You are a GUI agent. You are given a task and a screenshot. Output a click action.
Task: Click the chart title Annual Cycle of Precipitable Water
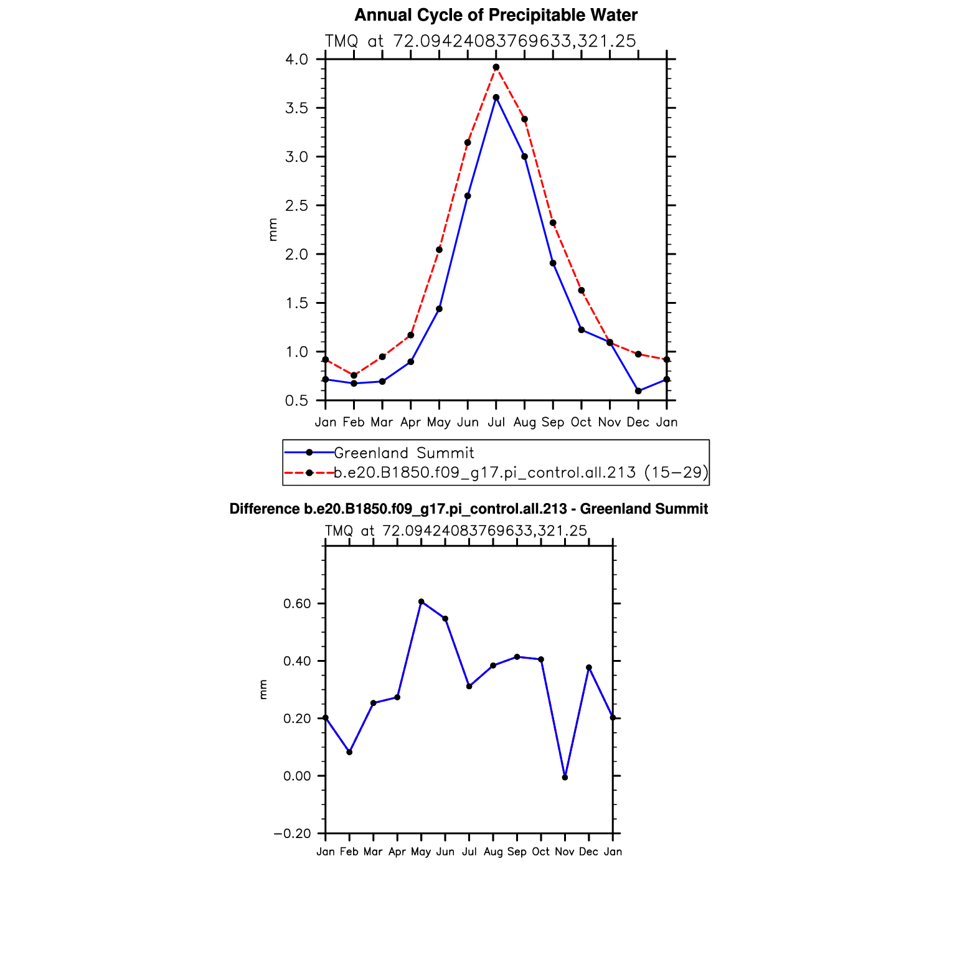(496, 15)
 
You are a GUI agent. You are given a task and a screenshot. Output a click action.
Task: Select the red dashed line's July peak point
(496, 67)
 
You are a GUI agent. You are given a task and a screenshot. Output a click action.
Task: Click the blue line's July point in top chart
(496, 97)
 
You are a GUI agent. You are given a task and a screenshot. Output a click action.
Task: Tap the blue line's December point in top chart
(638, 391)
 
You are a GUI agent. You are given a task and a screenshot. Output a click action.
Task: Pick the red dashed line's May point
(439, 250)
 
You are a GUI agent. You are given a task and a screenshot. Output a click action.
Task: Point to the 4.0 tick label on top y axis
(296, 60)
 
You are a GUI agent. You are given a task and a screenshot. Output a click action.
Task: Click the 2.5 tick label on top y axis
(296, 205)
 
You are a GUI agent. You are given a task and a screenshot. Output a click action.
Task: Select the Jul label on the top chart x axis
(496, 422)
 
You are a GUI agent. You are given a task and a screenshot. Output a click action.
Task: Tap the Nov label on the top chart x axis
(610, 422)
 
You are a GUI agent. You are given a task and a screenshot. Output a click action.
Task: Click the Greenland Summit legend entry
(403, 453)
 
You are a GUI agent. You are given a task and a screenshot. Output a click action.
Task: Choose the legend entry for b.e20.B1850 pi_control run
(521, 473)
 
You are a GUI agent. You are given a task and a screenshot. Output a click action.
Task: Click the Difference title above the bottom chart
(468, 509)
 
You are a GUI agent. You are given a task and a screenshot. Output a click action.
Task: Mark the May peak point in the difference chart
(422, 601)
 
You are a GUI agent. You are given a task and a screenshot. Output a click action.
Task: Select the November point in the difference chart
(565, 777)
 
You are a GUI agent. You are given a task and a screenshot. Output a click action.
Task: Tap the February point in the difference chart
(349, 752)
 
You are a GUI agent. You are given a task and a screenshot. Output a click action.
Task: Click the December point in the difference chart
(589, 667)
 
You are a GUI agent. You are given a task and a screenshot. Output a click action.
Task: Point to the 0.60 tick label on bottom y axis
(296, 603)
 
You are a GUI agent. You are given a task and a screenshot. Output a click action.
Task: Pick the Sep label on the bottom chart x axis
(517, 852)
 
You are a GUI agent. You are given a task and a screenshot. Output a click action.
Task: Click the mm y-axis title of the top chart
(273, 230)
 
